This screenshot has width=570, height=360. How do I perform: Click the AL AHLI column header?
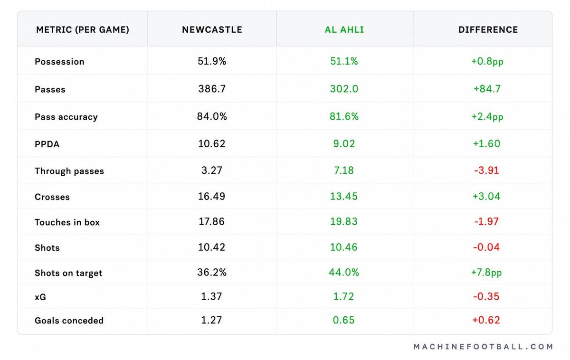344,30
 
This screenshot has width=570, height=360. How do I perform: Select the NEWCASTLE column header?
212,30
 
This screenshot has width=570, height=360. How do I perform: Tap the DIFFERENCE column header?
488,30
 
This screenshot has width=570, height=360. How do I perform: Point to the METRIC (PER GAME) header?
83,30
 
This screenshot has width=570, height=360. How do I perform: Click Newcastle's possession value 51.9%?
212,61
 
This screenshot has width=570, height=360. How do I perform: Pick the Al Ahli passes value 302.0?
344,89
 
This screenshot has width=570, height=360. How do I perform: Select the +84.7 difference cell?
487,89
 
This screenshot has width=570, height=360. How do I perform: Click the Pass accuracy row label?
66,117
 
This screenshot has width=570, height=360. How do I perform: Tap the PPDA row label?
47,144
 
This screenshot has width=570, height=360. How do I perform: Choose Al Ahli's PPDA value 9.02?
344,144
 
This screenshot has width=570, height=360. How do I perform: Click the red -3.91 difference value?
486,170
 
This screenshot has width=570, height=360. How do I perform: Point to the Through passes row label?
69,171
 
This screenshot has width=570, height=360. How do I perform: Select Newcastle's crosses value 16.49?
212,196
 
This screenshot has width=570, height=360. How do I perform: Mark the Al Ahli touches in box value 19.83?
344,221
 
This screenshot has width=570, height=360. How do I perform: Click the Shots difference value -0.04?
486,247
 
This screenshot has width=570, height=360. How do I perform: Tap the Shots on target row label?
68,273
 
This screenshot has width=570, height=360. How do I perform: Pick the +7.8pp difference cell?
486,273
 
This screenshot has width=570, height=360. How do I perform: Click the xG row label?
40,297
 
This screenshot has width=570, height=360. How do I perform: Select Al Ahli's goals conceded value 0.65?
343,320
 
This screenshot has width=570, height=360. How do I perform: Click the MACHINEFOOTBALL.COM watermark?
483,347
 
